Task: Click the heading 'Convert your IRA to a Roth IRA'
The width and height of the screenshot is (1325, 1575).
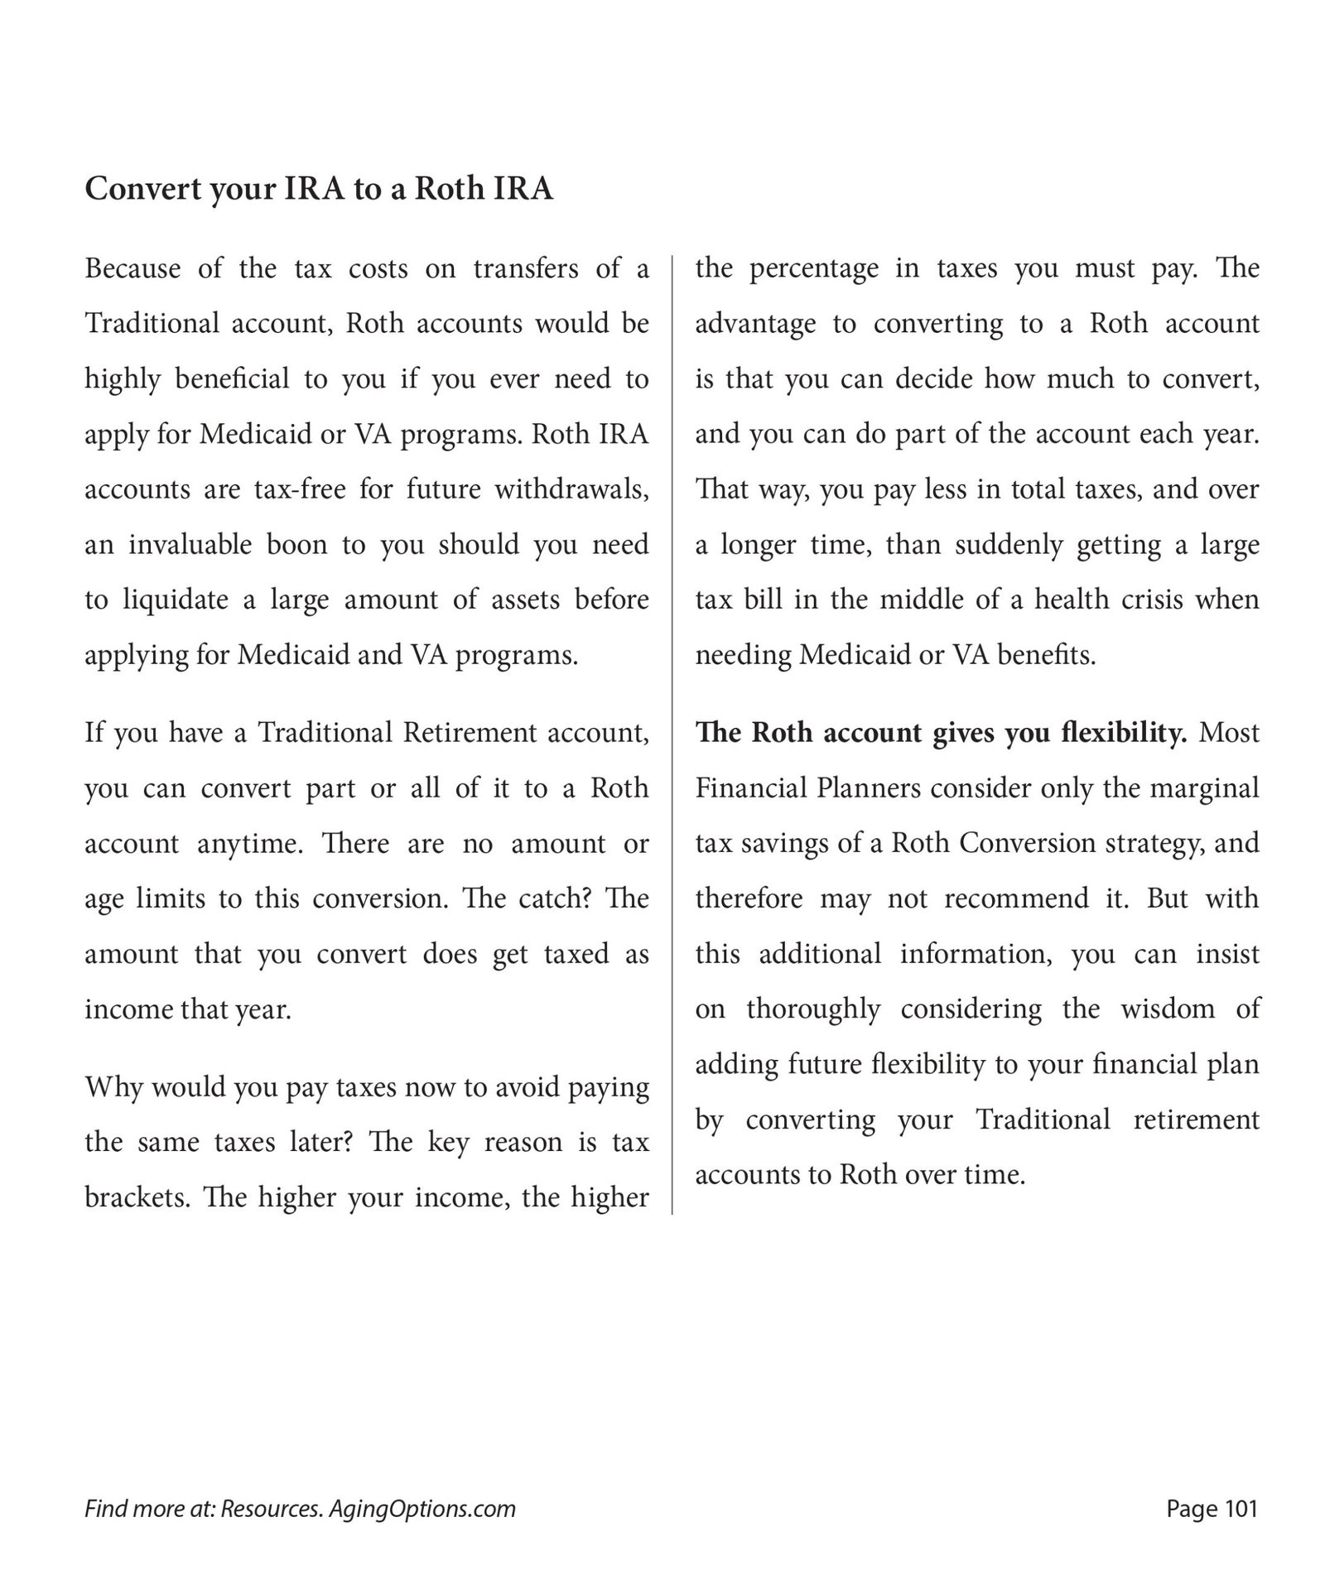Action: click(x=319, y=189)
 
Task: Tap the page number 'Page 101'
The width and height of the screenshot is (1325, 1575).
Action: click(x=1212, y=1508)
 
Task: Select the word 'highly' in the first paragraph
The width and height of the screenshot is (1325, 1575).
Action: click(x=123, y=379)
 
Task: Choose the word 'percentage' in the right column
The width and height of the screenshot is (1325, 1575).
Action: click(x=802, y=269)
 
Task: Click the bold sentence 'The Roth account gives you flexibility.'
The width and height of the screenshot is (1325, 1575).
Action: click(x=942, y=733)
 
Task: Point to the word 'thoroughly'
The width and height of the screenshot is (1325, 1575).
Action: click(x=813, y=1009)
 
